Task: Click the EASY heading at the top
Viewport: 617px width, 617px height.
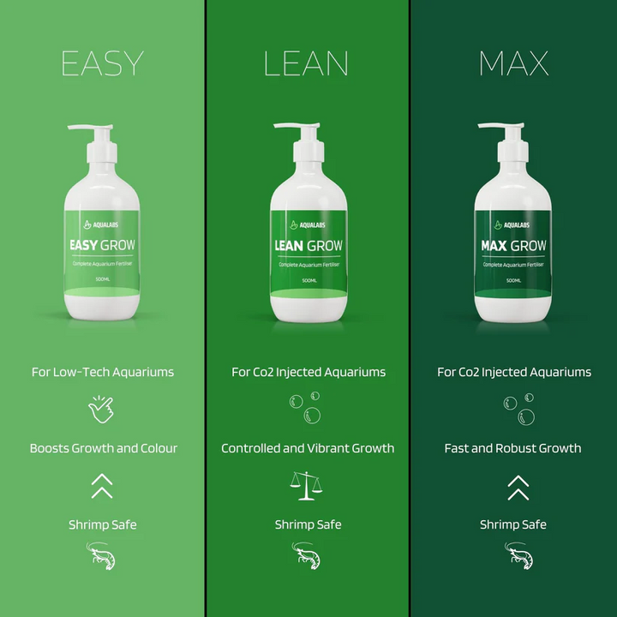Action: point(102,63)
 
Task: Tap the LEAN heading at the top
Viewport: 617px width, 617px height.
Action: point(306,63)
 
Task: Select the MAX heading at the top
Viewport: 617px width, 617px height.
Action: point(513,63)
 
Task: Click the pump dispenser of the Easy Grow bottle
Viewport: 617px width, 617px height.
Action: point(96,141)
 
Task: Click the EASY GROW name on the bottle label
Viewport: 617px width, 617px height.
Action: point(102,246)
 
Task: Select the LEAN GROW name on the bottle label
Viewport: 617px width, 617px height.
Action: point(308,246)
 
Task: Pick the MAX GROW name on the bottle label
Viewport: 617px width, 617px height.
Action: point(513,246)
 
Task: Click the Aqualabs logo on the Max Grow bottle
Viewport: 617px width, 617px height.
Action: point(513,225)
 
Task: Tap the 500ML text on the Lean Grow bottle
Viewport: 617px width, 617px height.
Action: point(308,280)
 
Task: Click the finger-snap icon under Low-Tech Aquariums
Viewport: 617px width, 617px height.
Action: point(102,410)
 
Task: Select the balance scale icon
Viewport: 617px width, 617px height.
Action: point(308,486)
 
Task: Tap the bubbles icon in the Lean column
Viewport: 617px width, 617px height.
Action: point(306,409)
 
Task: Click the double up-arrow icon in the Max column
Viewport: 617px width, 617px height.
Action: point(518,487)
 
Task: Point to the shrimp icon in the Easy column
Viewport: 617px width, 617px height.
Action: point(102,557)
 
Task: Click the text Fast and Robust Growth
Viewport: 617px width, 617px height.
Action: point(512,448)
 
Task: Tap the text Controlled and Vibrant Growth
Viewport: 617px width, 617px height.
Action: point(308,448)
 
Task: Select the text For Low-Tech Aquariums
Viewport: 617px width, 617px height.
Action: point(102,372)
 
